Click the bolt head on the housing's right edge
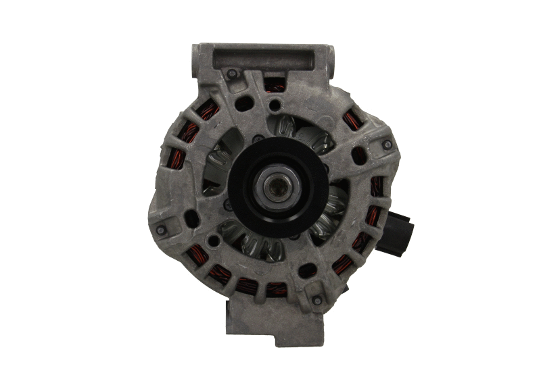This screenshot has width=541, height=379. (x=386, y=144)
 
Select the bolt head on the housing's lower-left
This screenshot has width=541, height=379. (x=161, y=230)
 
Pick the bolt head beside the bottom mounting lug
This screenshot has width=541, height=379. (x=316, y=299)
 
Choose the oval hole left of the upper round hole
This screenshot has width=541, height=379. (x=244, y=103)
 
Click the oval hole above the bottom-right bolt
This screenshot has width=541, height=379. (x=308, y=270)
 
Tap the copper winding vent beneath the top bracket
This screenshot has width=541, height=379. (x=274, y=84)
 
